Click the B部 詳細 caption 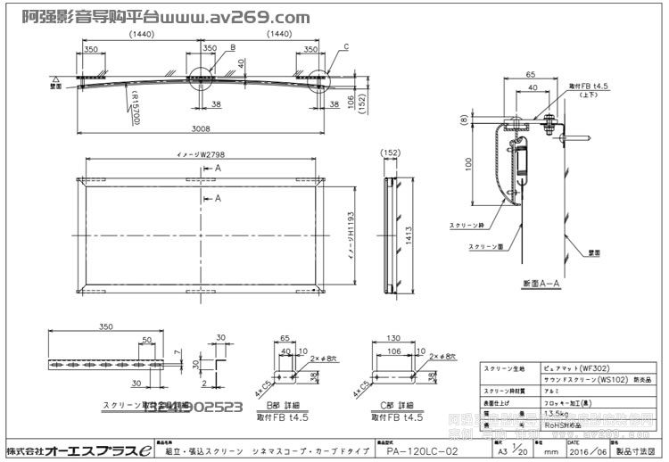(284, 407)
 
